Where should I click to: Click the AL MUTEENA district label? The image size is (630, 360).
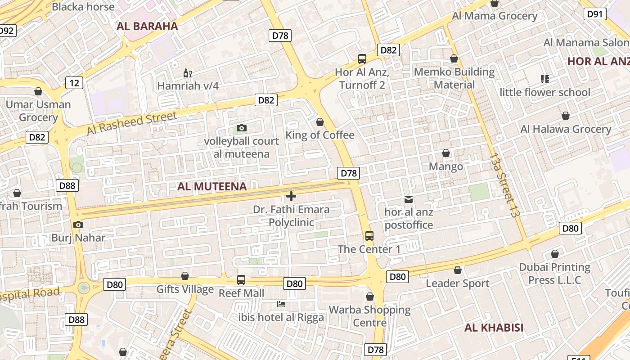point(212,186)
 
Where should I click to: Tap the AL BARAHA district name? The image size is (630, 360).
point(147,26)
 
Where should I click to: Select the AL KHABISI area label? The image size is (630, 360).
point(494,328)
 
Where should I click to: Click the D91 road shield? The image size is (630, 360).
point(594,14)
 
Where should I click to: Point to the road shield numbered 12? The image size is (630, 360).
point(74,82)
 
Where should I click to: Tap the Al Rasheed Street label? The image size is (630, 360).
point(132,123)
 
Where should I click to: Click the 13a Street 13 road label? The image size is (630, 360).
point(504,184)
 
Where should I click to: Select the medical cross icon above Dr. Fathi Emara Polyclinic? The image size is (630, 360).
point(291,196)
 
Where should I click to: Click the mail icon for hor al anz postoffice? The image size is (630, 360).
point(409,199)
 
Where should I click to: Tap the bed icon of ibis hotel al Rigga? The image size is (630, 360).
point(281,304)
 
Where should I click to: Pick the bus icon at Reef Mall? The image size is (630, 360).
point(241,280)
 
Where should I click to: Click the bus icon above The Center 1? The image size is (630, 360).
point(369,235)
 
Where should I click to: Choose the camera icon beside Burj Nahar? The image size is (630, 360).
point(78,225)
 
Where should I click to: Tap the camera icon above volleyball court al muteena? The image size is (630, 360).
point(242,128)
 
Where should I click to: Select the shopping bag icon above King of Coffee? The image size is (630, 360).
point(320,122)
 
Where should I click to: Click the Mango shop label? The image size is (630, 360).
point(445,166)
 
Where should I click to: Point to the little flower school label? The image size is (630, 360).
point(545,92)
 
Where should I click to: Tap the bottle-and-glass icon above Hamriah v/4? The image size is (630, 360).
point(188,73)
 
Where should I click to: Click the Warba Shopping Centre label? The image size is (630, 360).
point(369,316)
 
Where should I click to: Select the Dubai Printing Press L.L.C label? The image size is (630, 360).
point(554,274)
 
